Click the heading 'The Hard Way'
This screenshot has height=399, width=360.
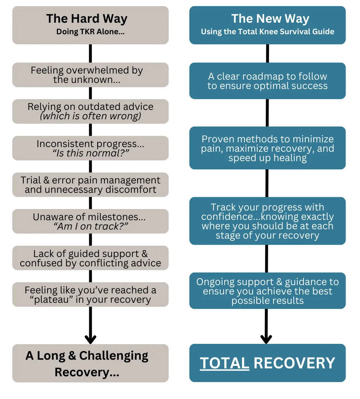point(87,18)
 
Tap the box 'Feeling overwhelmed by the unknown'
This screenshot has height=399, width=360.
point(90,75)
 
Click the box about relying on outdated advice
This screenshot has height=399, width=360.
point(90,111)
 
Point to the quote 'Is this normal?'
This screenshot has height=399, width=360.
point(90,153)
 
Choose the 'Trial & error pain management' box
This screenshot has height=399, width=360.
point(90,185)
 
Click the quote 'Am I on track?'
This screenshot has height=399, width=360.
point(90,226)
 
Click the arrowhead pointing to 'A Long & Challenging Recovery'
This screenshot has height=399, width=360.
point(90,339)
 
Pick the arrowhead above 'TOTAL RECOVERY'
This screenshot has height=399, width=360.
point(266,339)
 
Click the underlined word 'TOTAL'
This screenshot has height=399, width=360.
point(225,363)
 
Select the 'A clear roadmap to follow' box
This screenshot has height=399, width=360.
point(267,81)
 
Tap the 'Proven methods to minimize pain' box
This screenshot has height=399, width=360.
point(267,148)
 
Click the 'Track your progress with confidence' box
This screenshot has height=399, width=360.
point(267,221)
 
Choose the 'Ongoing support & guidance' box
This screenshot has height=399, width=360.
point(267,291)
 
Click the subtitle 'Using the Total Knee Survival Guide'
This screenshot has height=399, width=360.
point(267,32)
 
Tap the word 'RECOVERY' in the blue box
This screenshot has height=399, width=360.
point(294,363)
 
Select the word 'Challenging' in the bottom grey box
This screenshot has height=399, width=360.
point(114,356)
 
